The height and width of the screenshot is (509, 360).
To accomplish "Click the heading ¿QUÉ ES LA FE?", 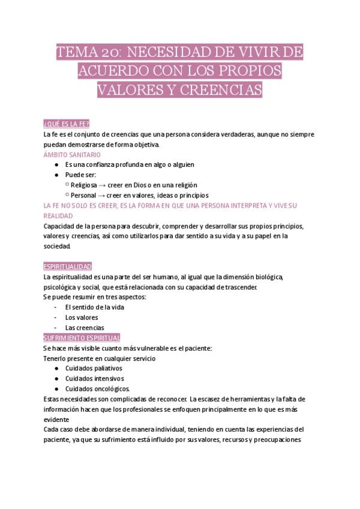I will pyautogui.click(x=67, y=124).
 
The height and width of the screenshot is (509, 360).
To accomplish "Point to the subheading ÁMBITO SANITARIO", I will pyautogui.click(x=72, y=154).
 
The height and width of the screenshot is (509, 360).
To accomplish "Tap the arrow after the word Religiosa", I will pyautogui.click(x=103, y=185).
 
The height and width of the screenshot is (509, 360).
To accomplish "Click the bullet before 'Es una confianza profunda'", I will pyautogui.click(x=56, y=164).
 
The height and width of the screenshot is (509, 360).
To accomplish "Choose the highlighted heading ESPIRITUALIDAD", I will pyautogui.click(x=68, y=266).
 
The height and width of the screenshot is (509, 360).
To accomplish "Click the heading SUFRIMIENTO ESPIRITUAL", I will pyautogui.click(x=82, y=337).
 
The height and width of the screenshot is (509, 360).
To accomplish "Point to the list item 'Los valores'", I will pyautogui.click(x=82, y=317).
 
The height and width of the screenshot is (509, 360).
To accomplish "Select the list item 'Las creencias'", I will pyautogui.click(x=85, y=327).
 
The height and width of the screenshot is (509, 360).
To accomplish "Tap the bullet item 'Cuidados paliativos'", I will pyautogui.click(x=94, y=368).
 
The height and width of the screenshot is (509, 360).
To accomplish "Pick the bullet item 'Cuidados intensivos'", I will pyautogui.click(x=94, y=378).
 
